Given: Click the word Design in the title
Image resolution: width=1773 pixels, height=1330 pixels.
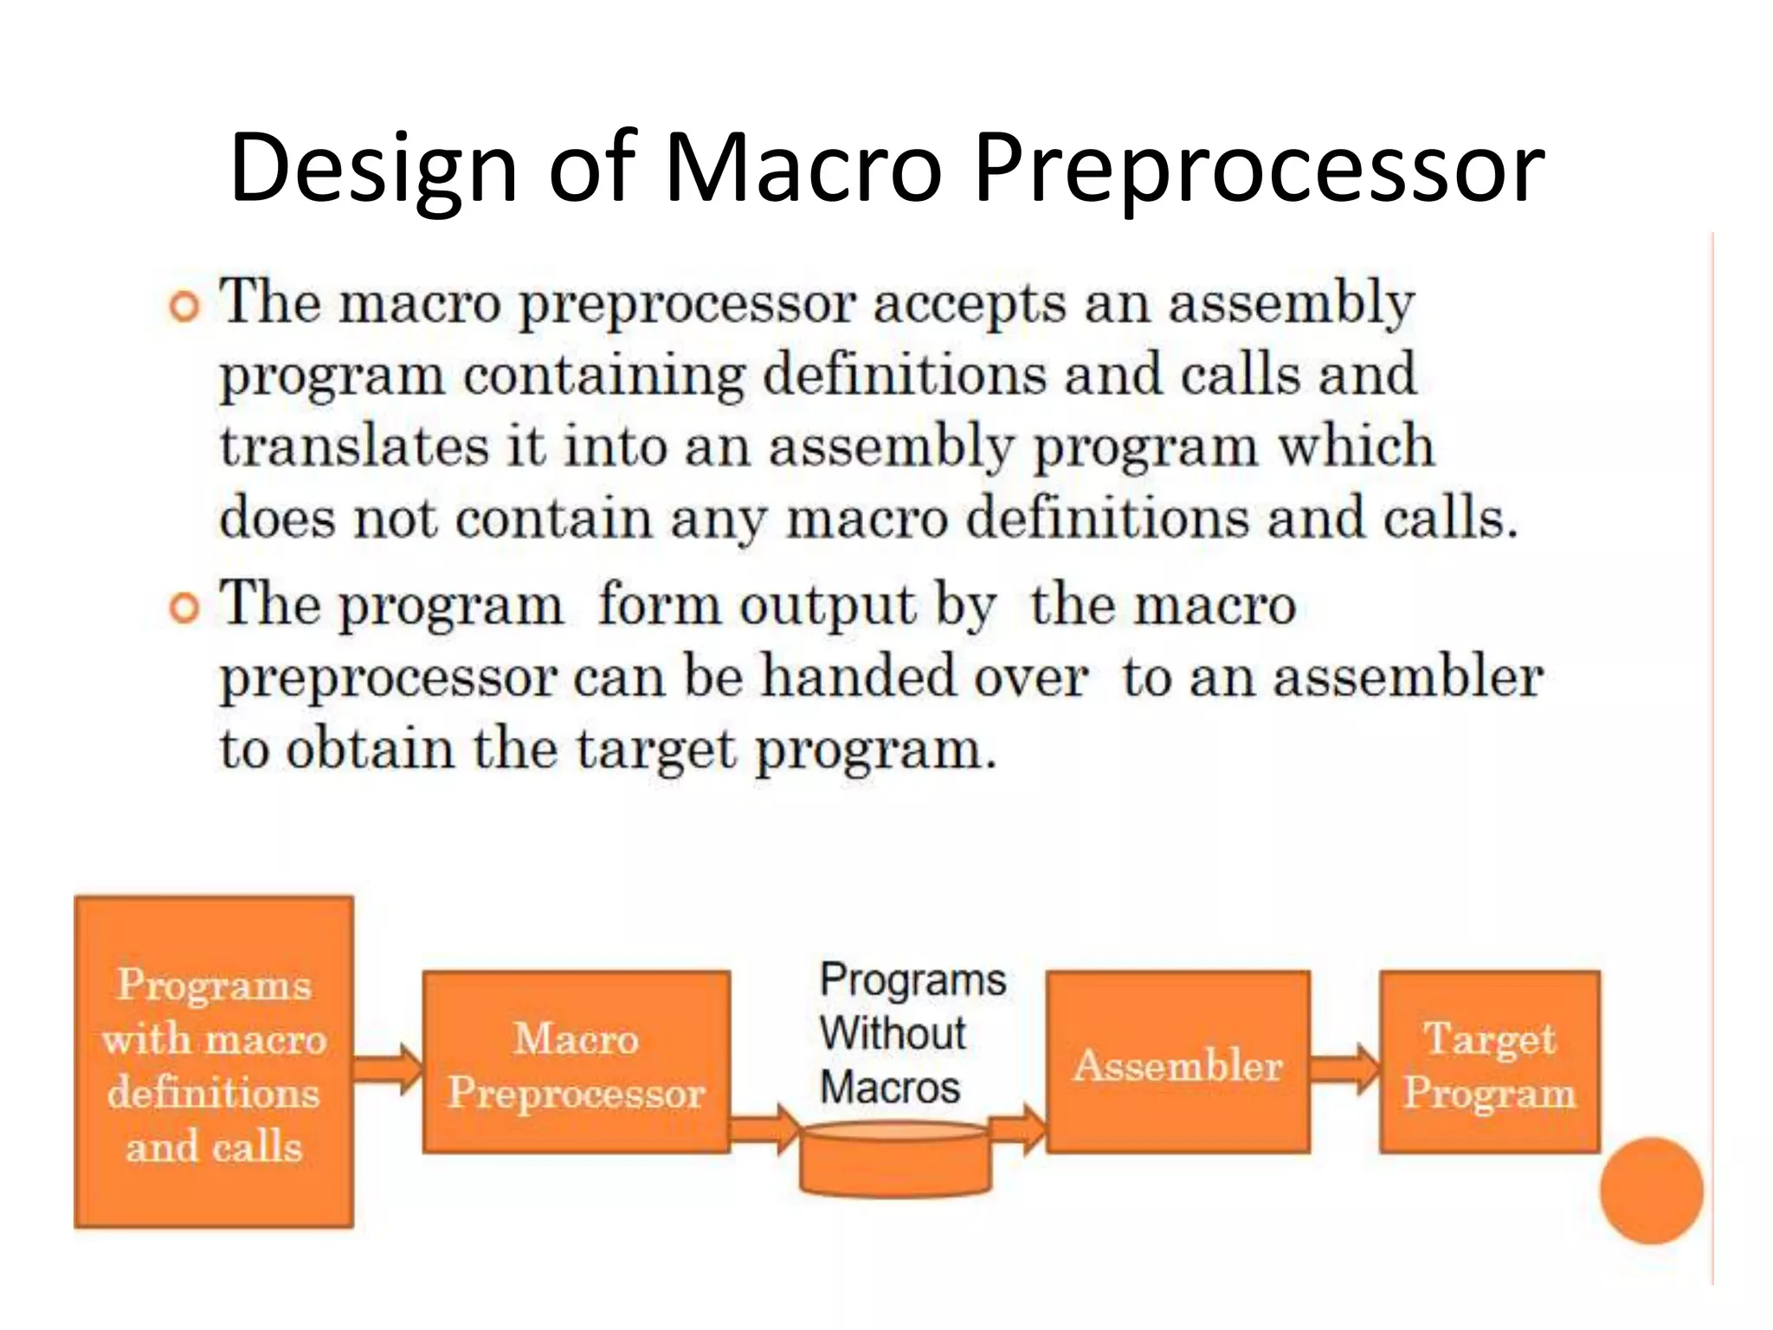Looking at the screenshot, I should pyautogui.click(x=373, y=167).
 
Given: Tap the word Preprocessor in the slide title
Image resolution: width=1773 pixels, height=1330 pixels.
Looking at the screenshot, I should pyautogui.click(x=1259, y=167).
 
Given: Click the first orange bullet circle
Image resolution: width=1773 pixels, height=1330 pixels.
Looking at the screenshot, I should pyautogui.click(x=184, y=307).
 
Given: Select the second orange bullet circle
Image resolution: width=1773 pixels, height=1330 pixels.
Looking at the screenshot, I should pyautogui.click(x=184, y=608).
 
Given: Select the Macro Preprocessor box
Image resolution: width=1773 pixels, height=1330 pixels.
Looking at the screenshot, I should pyautogui.click(x=576, y=1062).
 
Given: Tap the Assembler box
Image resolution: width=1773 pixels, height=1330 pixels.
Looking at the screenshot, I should pyautogui.click(x=1177, y=1062).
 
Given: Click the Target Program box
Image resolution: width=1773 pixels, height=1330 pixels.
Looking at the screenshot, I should pyautogui.click(x=1489, y=1062).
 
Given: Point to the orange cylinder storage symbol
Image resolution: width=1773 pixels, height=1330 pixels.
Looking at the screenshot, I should pyautogui.click(x=894, y=1160).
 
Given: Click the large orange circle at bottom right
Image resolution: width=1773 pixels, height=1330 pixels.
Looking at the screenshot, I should pyautogui.click(x=1651, y=1191).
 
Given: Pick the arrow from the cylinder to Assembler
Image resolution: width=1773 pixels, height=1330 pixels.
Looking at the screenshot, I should pyautogui.click(x=1018, y=1129).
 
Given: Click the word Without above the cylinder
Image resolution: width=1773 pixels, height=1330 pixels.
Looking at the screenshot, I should pyautogui.click(x=893, y=1033).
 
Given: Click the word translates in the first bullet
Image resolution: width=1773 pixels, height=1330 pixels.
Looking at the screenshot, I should pyautogui.click(x=354, y=447).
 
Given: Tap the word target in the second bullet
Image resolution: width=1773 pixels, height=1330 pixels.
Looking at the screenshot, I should pyautogui.click(x=655, y=749).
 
